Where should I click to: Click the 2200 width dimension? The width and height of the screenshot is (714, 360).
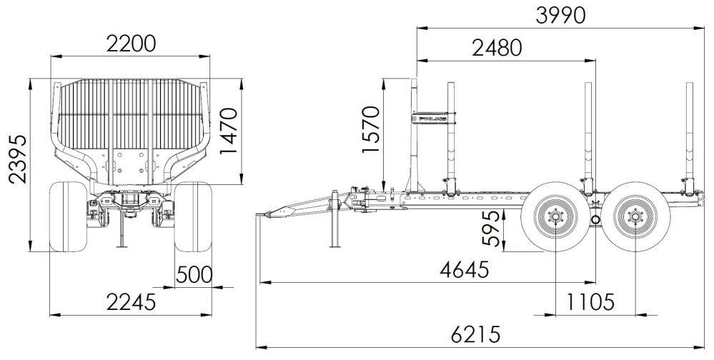click(131, 44)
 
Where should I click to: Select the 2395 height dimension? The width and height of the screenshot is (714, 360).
click(18, 159)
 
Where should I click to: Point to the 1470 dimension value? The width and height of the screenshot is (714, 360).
click(229, 131)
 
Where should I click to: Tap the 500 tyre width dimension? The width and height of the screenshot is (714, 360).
click(194, 274)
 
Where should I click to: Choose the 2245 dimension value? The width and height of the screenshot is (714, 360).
click(131, 301)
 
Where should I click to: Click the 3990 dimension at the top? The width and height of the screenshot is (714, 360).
click(560, 16)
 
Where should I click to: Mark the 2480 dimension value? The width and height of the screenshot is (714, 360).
click(497, 48)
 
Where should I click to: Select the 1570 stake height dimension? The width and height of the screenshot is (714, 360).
click(371, 130)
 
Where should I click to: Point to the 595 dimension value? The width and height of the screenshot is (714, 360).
click(492, 229)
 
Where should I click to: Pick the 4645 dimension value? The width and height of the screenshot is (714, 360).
click(465, 270)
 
